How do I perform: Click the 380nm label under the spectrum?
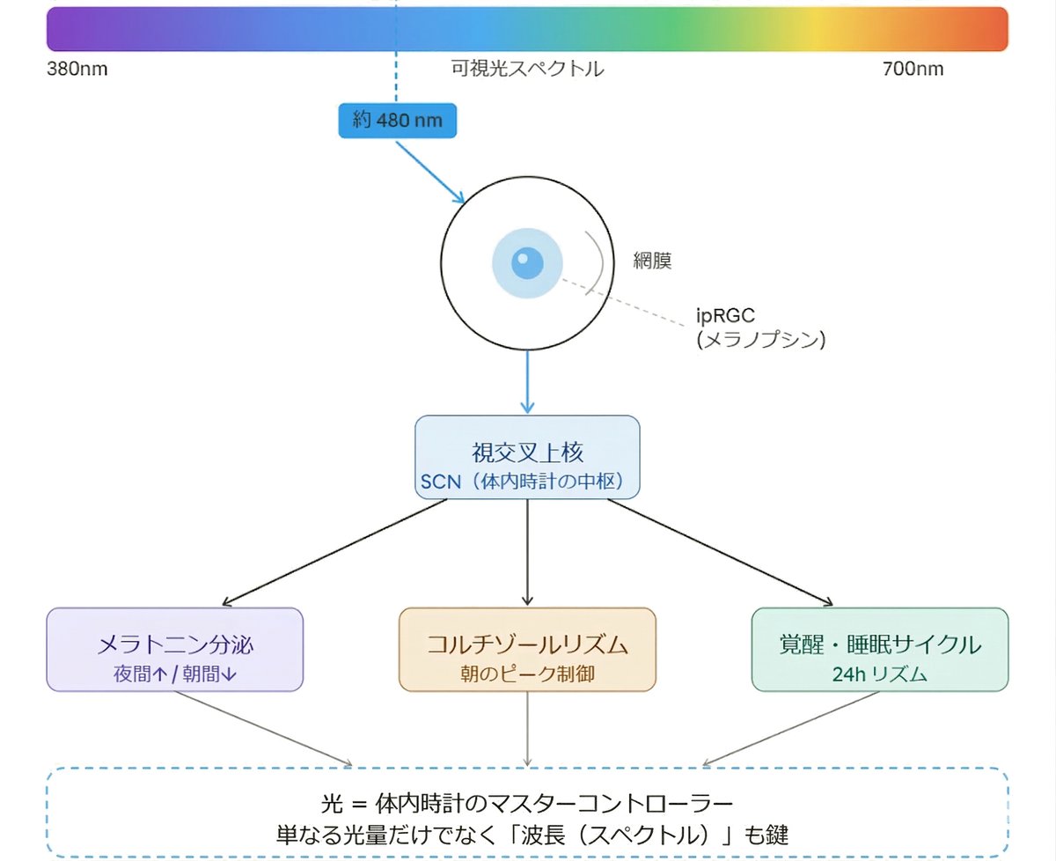[77, 69]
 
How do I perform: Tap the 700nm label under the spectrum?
[913, 69]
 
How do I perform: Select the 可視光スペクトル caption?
[527, 69]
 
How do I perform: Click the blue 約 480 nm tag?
[398, 120]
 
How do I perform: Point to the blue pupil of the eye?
[526, 261]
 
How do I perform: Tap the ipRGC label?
[726, 316]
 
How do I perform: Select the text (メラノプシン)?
[760, 340]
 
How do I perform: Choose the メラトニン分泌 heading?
[174, 644]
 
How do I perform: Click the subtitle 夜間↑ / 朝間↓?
[174, 673]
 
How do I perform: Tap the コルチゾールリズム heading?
[527, 644]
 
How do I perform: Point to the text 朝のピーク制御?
[527, 673]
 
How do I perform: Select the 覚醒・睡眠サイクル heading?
[880, 644]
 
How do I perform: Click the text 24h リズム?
[880, 674]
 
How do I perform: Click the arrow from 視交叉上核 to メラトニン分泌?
[334, 553]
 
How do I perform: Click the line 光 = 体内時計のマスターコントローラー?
[527, 805]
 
